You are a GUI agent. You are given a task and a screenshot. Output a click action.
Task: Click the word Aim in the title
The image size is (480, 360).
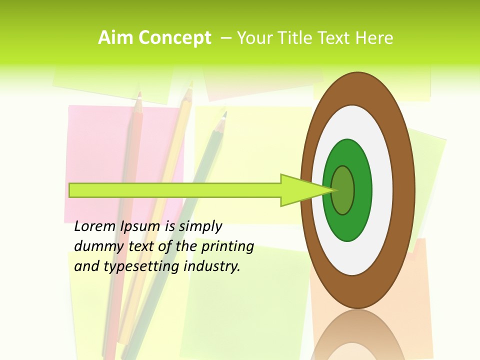click(115, 38)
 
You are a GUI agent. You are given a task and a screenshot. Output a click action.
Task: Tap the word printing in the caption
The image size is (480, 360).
click(227, 247)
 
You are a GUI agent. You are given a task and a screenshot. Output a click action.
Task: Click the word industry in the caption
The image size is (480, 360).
click(212, 266)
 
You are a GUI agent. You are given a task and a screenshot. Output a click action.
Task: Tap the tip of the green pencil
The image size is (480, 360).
click(224, 114)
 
